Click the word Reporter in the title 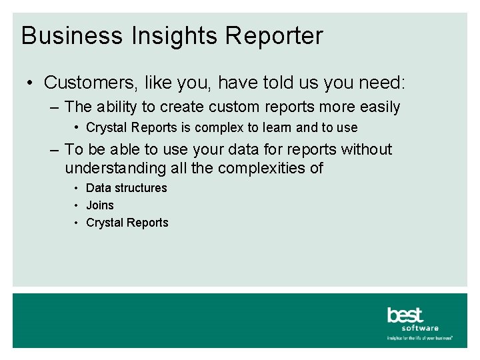[x=274, y=36]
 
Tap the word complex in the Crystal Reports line [x=221, y=127]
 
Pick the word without [x=366, y=150]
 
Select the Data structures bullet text [x=127, y=188]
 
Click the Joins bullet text [x=100, y=205]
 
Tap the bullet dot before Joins [x=78, y=205]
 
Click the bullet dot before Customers [x=31, y=83]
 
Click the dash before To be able [x=54, y=150]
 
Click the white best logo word [x=405, y=315]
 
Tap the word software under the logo [x=420, y=328]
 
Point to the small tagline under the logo [x=420, y=338]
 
